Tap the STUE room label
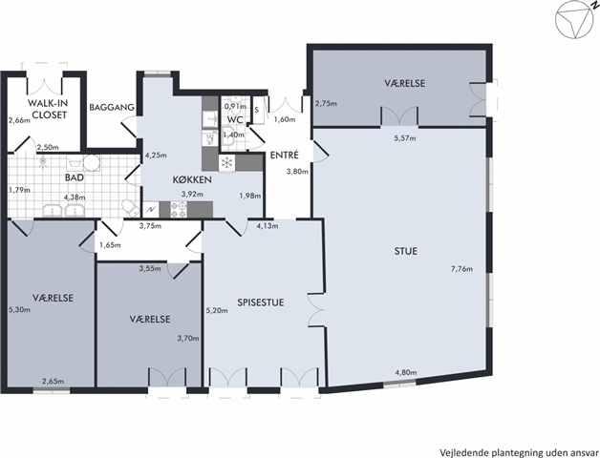click(x=406, y=251)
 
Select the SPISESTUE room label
click(x=261, y=302)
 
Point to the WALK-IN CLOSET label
click(x=47, y=109)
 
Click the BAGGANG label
click(x=112, y=107)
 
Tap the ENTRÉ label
click(x=285, y=155)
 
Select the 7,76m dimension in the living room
click(x=461, y=269)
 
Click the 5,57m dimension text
click(x=405, y=138)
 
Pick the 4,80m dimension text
click(x=406, y=372)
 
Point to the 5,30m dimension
click(x=19, y=310)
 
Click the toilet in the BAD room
click(x=131, y=208)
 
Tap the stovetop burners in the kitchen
click(x=179, y=210)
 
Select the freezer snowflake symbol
click(x=227, y=163)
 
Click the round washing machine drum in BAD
click(x=92, y=163)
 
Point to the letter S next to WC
click(x=257, y=110)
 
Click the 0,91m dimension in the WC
click(x=235, y=106)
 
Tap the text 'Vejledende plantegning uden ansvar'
click(x=519, y=452)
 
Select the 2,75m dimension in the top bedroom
click(x=326, y=103)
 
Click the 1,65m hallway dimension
click(x=110, y=244)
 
